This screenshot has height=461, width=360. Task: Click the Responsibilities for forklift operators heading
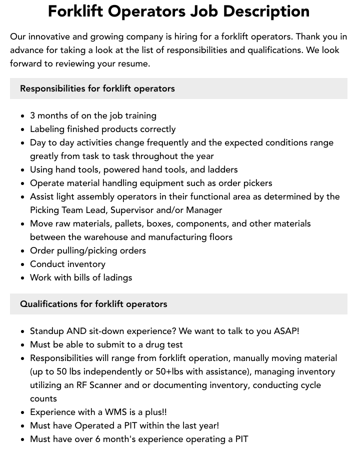[x=97, y=88]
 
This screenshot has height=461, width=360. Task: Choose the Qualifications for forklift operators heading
[x=93, y=304]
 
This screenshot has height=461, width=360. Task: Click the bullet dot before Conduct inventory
[x=22, y=264]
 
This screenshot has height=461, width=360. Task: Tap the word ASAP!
[x=286, y=331]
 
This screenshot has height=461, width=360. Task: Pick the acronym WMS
[x=117, y=412]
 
